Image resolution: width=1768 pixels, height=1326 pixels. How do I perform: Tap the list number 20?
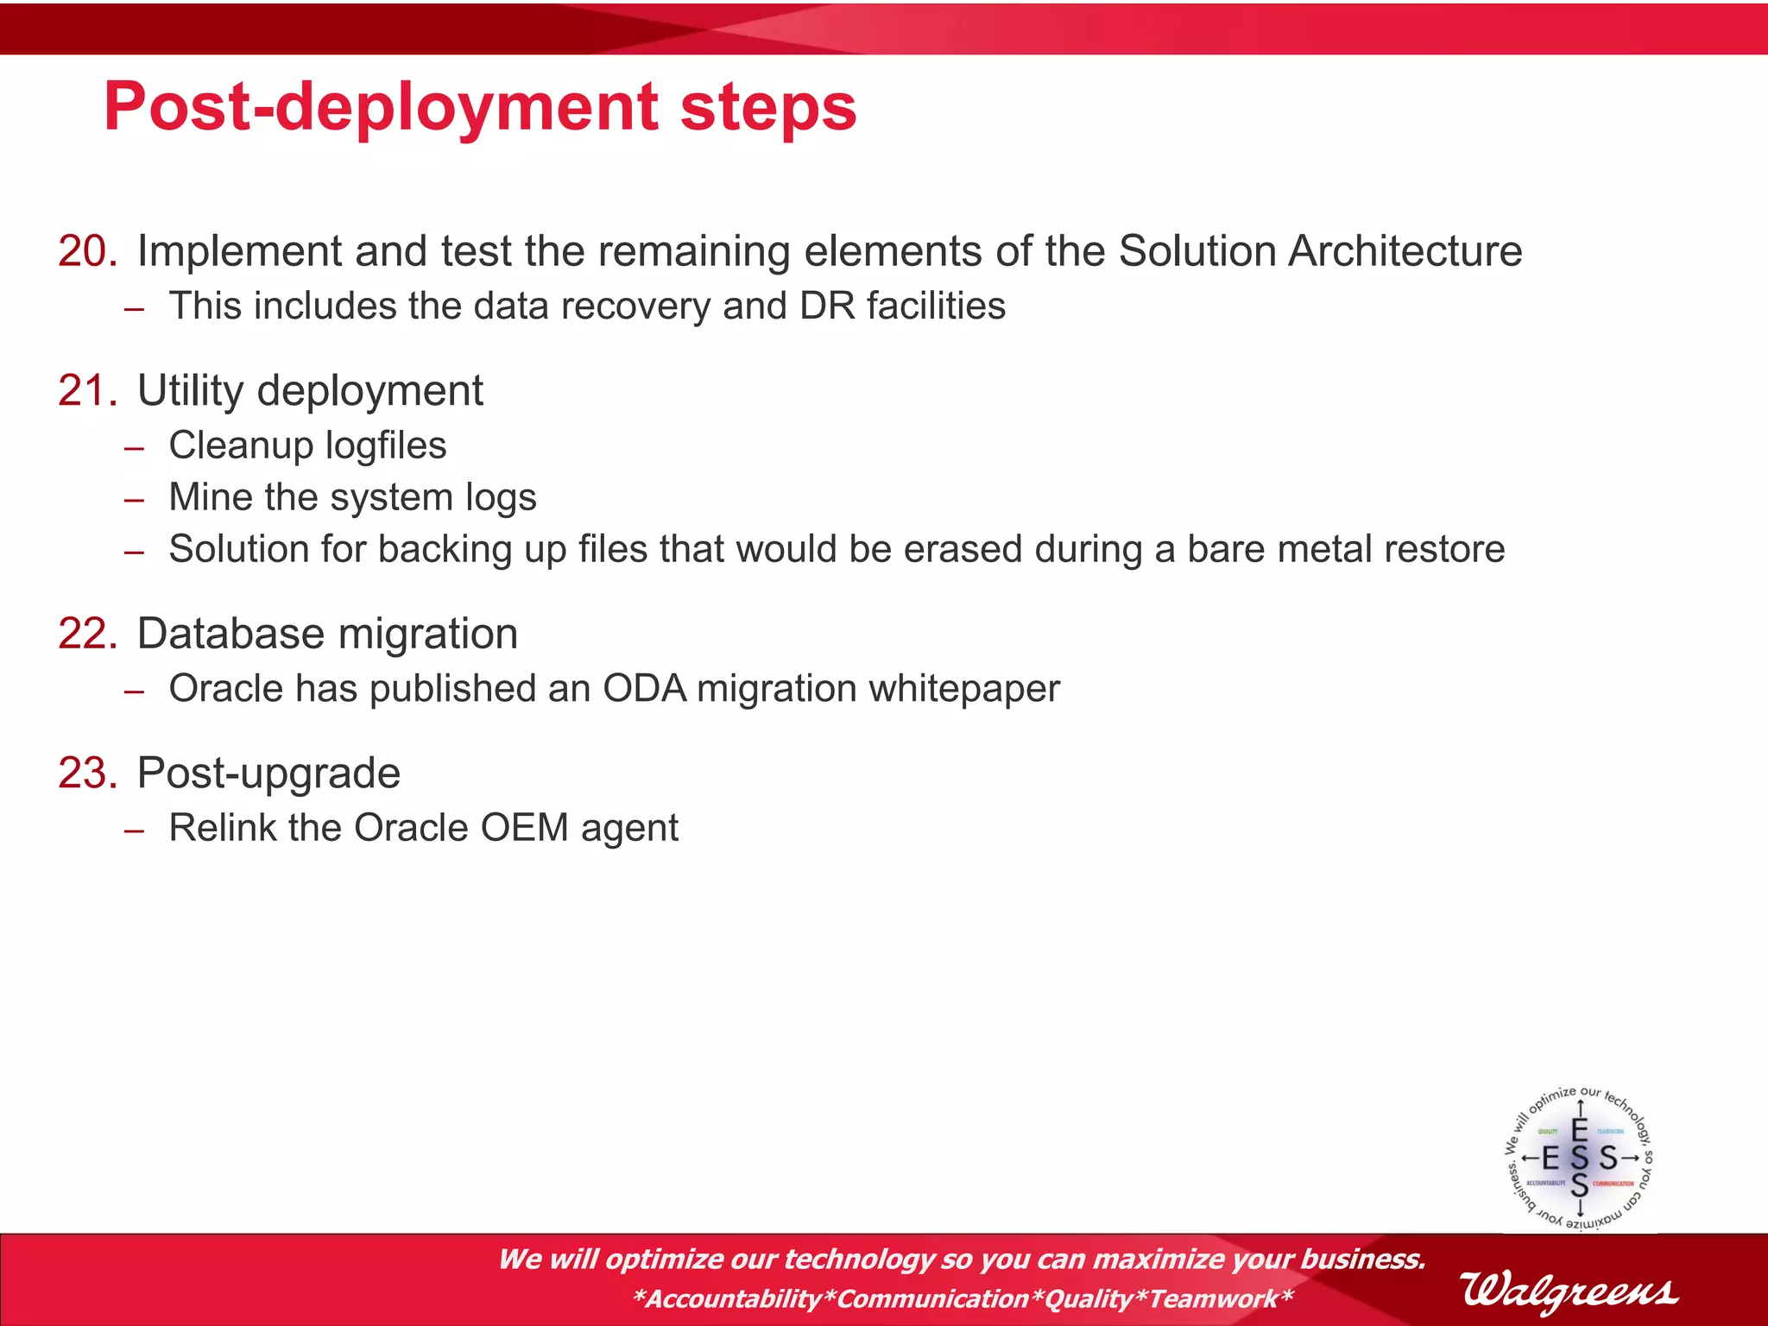[x=87, y=251]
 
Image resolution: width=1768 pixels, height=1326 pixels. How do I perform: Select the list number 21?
[x=87, y=390]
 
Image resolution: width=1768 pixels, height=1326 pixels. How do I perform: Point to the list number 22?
[x=87, y=634]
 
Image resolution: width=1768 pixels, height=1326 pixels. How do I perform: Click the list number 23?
[x=87, y=773]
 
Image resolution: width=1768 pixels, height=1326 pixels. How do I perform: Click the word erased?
[x=962, y=549]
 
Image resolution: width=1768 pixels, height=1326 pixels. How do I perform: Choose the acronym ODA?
[x=644, y=689]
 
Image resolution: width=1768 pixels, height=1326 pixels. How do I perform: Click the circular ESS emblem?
[x=1579, y=1159]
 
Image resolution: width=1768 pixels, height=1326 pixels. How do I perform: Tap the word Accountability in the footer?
[x=734, y=1298]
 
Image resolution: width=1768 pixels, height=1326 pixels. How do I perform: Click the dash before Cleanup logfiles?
[x=134, y=448]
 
